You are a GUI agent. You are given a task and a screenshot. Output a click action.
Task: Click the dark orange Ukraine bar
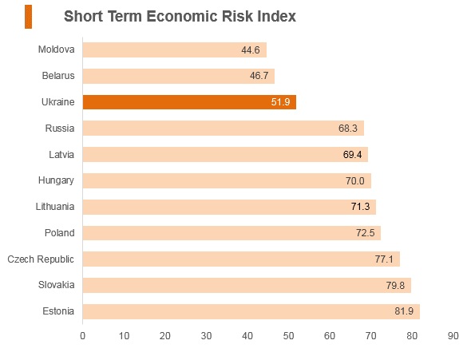point(189,102)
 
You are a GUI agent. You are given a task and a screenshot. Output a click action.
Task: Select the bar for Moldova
point(175,49)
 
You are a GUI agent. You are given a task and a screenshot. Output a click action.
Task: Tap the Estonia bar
point(251,311)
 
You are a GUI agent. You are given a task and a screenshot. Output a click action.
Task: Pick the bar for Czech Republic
point(242,259)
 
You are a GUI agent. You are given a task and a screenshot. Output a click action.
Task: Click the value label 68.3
point(348,129)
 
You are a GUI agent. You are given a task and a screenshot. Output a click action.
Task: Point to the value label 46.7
point(259,76)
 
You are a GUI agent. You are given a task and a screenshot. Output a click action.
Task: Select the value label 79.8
point(395,285)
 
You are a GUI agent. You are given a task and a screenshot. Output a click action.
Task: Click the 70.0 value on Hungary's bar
point(354,181)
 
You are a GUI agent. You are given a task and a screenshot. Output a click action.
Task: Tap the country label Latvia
point(61,155)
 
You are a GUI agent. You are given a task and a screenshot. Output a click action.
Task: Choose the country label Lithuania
point(55,207)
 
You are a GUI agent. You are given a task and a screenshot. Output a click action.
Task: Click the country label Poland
point(60,233)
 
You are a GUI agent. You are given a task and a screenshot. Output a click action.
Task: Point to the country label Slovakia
point(57,285)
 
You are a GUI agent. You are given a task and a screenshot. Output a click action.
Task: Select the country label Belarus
point(58,76)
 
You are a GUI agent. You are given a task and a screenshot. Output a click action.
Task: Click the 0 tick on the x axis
point(82,336)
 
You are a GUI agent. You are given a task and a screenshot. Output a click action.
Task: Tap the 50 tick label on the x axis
point(288,336)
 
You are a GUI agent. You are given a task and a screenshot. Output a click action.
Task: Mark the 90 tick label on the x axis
point(453,336)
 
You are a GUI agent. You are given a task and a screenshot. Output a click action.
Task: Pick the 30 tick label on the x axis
point(206,336)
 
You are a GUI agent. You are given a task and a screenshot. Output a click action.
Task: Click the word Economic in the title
point(182,16)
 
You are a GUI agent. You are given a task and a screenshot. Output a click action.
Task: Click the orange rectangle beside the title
point(28,17)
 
